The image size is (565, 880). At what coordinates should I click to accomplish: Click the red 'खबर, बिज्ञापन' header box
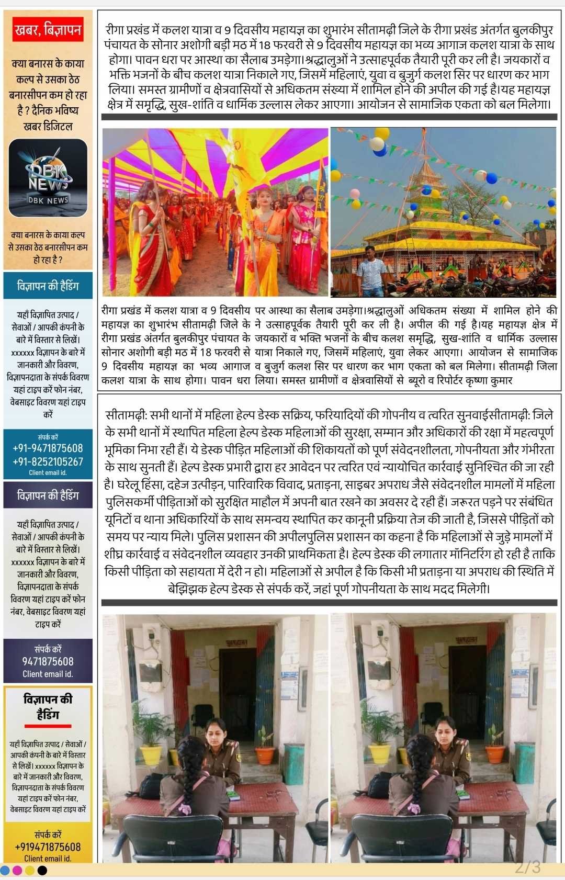click(48, 31)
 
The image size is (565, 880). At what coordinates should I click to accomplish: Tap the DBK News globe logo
click(48, 177)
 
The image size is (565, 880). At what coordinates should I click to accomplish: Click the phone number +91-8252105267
click(48, 461)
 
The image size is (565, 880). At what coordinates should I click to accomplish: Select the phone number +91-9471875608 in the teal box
click(48, 448)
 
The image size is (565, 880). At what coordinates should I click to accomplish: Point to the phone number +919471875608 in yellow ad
click(48, 847)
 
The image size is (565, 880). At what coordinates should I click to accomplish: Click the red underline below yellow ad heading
click(48, 726)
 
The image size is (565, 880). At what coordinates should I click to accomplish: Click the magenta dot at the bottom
click(17, 870)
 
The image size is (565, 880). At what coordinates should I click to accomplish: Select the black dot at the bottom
click(42, 870)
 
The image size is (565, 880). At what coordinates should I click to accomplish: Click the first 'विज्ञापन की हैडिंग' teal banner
click(48, 286)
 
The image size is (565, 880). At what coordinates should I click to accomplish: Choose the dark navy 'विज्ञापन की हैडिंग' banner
click(48, 494)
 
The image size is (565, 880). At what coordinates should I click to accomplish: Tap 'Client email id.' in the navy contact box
click(48, 674)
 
